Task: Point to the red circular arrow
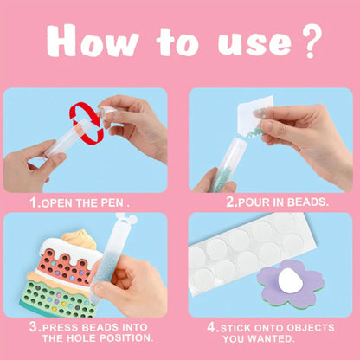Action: (x=86, y=122)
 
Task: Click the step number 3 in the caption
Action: (x=33, y=328)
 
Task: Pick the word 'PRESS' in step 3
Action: (x=63, y=328)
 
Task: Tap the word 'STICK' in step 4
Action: (x=236, y=328)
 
